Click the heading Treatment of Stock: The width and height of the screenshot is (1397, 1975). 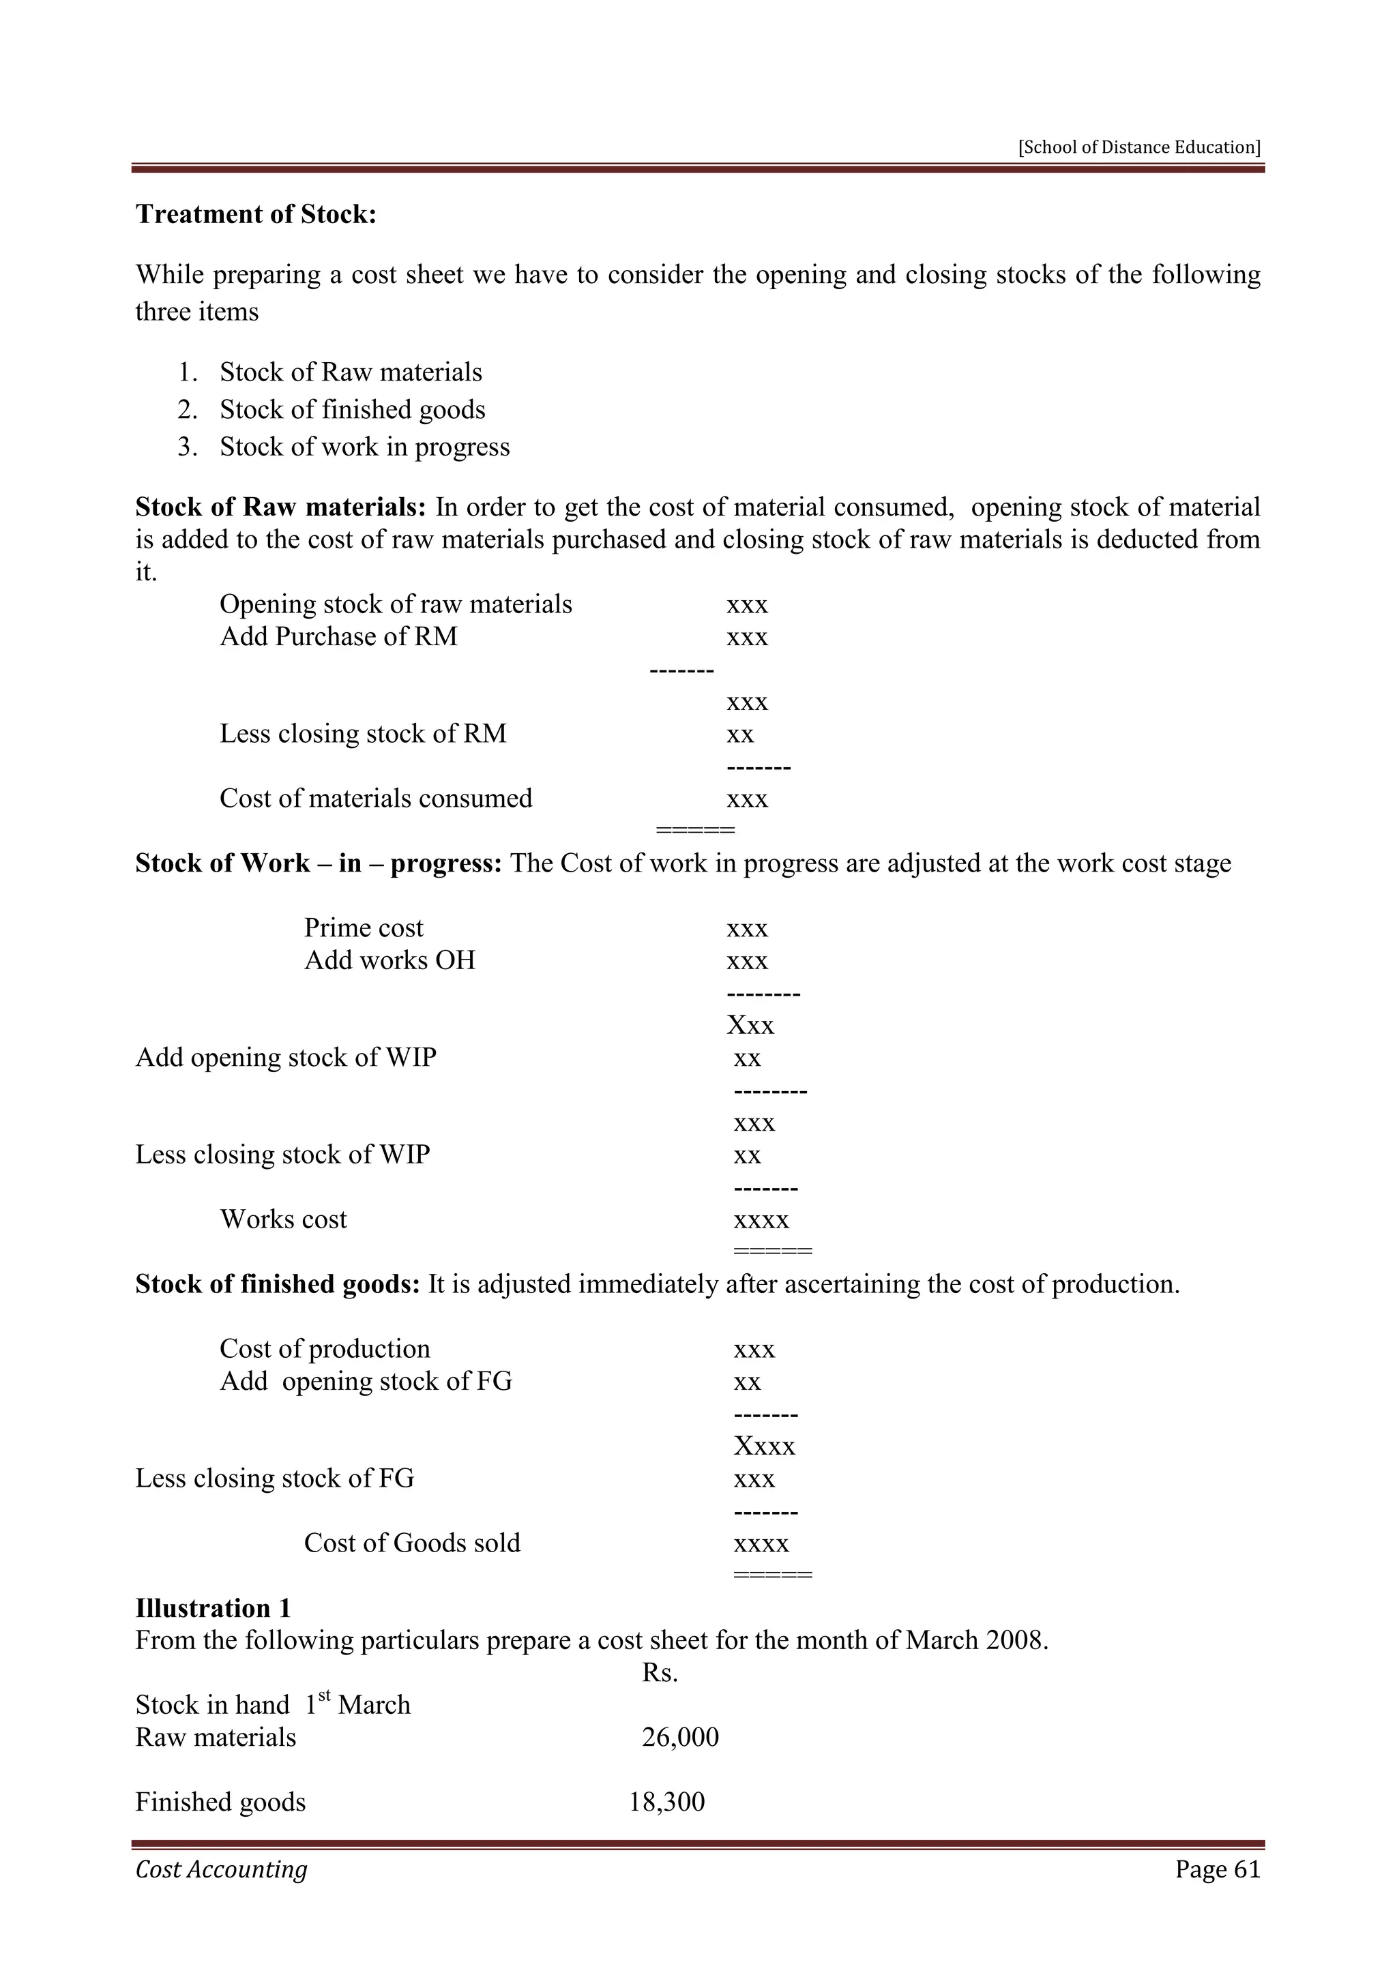coord(256,214)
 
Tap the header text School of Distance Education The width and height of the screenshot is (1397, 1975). coord(1139,147)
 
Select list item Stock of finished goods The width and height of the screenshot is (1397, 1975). coord(352,409)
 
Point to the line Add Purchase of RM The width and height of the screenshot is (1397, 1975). coord(338,636)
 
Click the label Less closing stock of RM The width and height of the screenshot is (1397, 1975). coord(362,734)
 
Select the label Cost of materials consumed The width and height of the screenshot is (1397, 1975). coord(375,799)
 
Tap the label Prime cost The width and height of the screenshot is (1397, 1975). coord(363,928)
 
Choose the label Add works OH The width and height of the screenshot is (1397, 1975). coord(389,960)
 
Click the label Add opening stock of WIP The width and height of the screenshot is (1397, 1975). coord(286,1057)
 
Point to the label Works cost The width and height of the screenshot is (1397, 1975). coord(283,1220)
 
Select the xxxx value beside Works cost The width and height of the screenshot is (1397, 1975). coord(761,1220)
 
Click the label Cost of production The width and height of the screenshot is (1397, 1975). coord(324,1349)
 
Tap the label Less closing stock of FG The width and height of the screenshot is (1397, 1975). coord(274,1479)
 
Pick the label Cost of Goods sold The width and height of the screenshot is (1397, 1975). coord(412,1543)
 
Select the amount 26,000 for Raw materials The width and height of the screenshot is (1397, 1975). coord(679,1737)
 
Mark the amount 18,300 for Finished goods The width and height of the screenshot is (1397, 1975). coord(666,1801)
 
